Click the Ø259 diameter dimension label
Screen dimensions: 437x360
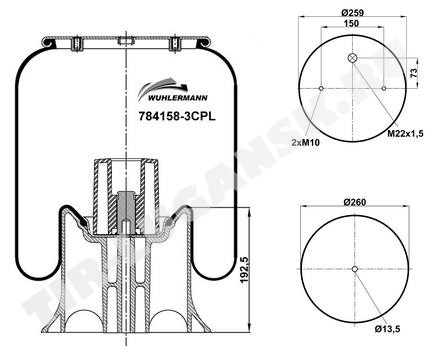(352, 13)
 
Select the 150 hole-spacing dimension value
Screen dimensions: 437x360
(352, 23)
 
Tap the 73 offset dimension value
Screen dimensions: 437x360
(414, 72)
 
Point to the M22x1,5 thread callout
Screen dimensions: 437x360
(405, 134)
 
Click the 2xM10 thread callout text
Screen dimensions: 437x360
(306, 143)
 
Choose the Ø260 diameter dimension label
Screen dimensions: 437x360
(355, 202)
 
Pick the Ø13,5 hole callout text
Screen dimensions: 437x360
(387, 329)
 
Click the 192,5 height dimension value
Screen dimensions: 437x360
(245, 270)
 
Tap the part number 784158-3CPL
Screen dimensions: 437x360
(177, 116)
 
